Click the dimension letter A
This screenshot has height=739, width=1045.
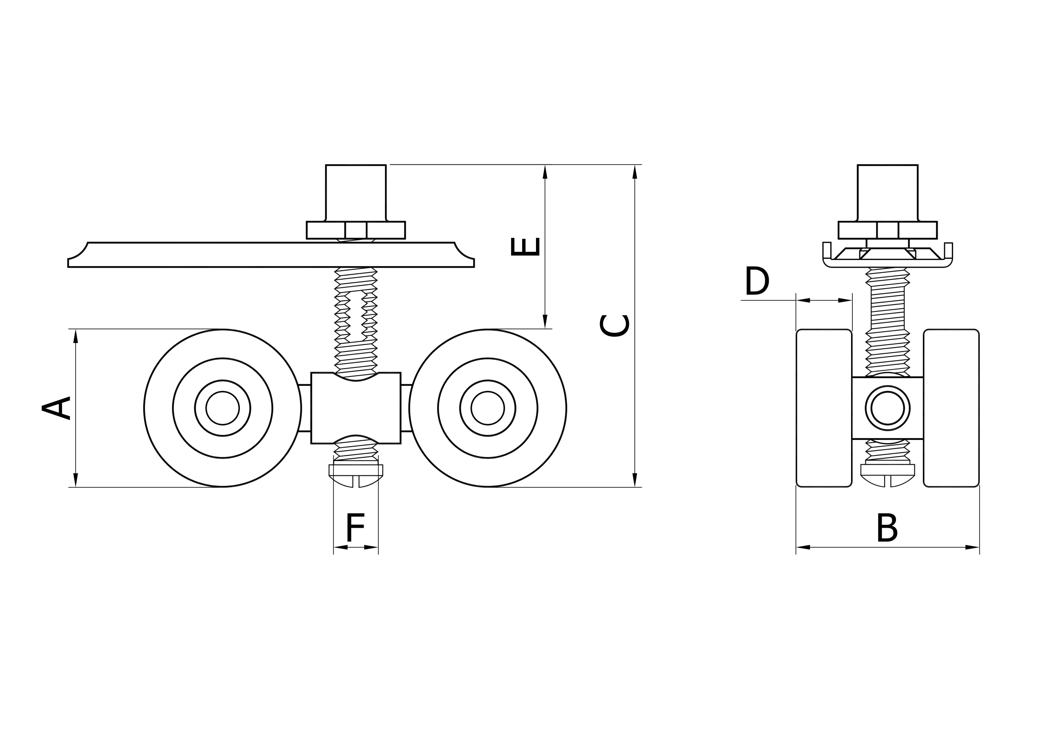[56, 408]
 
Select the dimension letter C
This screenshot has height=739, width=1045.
[614, 326]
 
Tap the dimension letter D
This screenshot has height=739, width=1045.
[757, 281]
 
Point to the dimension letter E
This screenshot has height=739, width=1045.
[525, 246]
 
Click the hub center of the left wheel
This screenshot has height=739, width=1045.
[222, 408]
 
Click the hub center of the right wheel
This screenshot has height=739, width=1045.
[487, 408]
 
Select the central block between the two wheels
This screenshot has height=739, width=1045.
[356, 408]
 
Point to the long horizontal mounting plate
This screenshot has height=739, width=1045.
[271, 255]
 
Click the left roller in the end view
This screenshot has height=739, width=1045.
[824, 408]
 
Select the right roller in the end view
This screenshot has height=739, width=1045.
[951, 408]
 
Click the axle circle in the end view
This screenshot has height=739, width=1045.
[887, 408]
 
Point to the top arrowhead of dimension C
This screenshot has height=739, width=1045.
[635, 172]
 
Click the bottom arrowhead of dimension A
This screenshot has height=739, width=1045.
[76, 480]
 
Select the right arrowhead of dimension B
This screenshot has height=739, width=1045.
[972, 547]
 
